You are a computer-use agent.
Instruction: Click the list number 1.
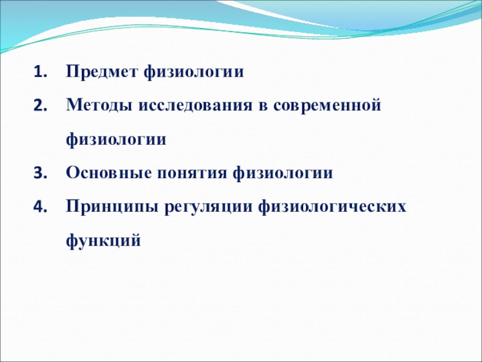(x=40, y=72)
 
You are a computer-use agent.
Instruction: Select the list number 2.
(x=40, y=106)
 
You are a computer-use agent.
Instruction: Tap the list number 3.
(x=40, y=173)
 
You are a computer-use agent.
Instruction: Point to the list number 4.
(x=40, y=207)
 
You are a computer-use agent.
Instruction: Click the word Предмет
(x=101, y=72)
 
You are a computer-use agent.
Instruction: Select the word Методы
(x=99, y=106)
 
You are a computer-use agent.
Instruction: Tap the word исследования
(x=195, y=106)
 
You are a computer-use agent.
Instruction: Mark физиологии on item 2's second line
(x=116, y=140)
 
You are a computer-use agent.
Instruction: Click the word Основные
(x=109, y=173)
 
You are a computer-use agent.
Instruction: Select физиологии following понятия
(x=283, y=174)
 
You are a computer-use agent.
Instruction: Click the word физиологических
(x=333, y=208)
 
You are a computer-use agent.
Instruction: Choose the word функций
(x=103, y=241)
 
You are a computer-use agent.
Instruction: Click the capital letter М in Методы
(x=75, y=105)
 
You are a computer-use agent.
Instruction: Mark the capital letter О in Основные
(x=73, y=173)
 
